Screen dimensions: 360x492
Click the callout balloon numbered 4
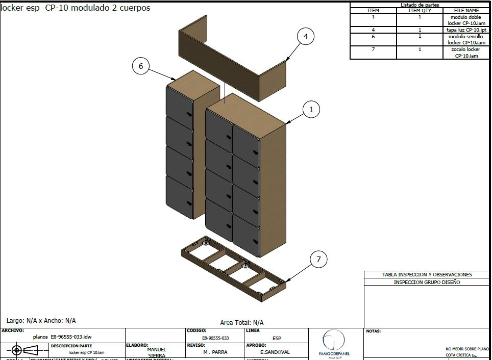pyautogui.click(x=305, y=37)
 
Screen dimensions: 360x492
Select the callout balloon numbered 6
pyautogui.click(x=140, y=65)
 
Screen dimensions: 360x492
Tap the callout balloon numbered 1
pyautogui.click(x=311, y=109)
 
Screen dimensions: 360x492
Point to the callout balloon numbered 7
pyautogui.click(x=318, y=260)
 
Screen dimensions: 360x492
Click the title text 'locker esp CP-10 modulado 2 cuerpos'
pyautogui.click(x=76, y=8)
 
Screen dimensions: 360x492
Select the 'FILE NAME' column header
pyautogui.click(x=466, y=10)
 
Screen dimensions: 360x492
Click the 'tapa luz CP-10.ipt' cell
pyautogui.click(x=466, y=30)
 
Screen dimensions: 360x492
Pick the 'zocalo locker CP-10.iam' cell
pyautogui.click(x=466, y=53)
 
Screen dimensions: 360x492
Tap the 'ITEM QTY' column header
pyautogui.click(x=420, y=10)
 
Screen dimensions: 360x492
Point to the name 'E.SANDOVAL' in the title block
pyautogui.click(x=275, y=352)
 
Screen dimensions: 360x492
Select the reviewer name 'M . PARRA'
pyautogui.click(x=215, y=352)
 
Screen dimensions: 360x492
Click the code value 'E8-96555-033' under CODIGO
pyautogui.click(x=215, y=338)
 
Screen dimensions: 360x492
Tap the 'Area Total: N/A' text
pyautogui.click(x=242, y=322)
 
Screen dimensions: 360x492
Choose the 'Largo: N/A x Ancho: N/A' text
pyautogui.click(x=41, y=321)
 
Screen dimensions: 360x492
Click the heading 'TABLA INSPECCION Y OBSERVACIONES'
pyautogui.click(x=427, y=274)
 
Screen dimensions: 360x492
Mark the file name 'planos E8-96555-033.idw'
pyautogui.click(x=62, y=337)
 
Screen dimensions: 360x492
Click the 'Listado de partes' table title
pyautogui.click(x=420, y=5)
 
